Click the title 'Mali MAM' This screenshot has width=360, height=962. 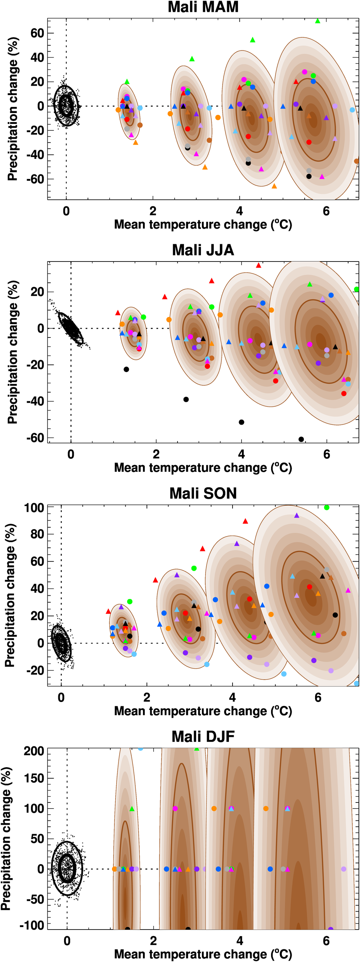point(203,7)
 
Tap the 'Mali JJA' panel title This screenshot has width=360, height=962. point(203,250)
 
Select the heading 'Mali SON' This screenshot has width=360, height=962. point(203,493)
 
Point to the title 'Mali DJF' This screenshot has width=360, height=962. point(203,737)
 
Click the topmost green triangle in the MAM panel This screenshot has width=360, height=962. point(318,21)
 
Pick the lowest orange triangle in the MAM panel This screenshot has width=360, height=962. point(274,186)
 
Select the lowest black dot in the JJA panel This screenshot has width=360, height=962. point(301,439)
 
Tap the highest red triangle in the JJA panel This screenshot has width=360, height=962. point(258,265)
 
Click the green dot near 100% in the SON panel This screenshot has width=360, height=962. point(327,507)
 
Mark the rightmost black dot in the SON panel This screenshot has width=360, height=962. point(335,615)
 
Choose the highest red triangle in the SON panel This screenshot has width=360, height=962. point(246,521)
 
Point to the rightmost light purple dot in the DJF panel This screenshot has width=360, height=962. point(343,869)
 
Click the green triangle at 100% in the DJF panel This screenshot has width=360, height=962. point(131,809)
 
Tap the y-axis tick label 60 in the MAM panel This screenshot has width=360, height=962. point(37,33)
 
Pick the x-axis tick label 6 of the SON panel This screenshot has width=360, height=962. point(318,698)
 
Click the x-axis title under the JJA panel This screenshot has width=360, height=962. point(203,467)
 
